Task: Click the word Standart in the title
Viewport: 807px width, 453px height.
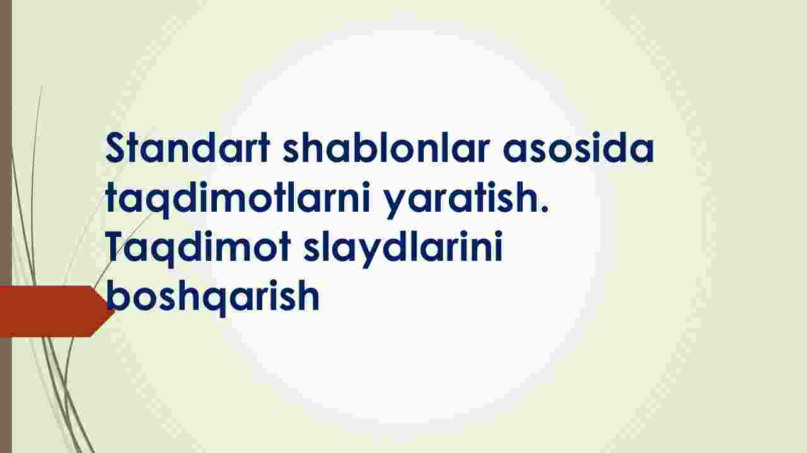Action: tap(188, 147)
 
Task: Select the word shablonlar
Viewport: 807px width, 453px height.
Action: tap(386, 147)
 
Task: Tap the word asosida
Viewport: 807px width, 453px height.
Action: tap(579, 147)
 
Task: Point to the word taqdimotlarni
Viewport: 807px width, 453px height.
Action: tap(238, 198)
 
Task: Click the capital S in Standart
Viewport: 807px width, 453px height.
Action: tap(117, 147)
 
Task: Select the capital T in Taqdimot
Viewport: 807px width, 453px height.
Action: tap(117, 247)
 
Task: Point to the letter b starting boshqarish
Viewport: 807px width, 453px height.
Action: tap(117, 295)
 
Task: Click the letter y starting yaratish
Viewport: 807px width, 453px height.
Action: tap(395, 203)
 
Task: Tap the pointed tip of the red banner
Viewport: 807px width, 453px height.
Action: tap(115, 311)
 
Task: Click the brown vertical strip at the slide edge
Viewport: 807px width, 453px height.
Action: tap(6, 227)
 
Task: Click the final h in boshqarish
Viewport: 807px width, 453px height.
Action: tap(309, 295)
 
